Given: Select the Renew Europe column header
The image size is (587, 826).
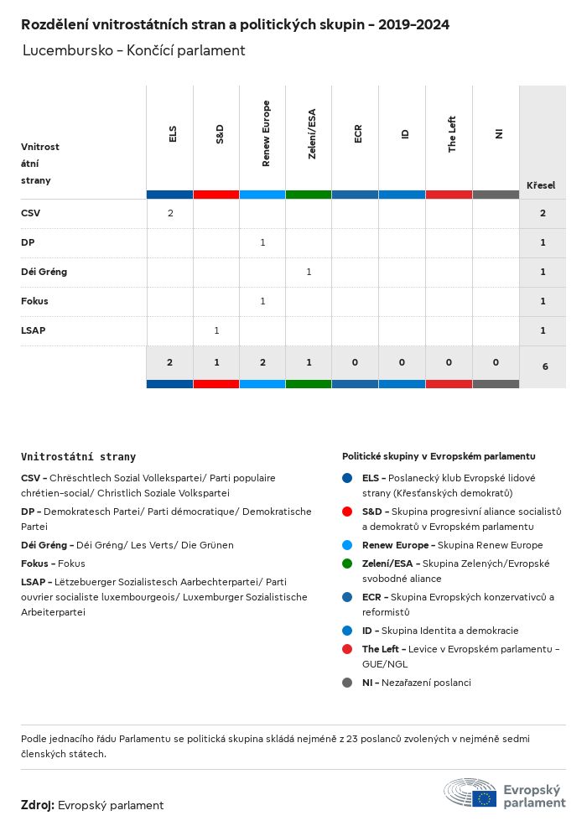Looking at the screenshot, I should [266, 134].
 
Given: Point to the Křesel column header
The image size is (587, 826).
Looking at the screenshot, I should [541, 185].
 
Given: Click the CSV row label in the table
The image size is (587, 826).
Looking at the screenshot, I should [31, 213].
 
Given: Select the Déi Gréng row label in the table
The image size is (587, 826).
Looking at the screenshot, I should [44, 272].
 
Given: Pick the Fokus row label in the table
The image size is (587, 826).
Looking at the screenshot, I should [34, 301].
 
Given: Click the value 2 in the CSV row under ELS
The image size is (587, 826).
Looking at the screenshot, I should [170, 213].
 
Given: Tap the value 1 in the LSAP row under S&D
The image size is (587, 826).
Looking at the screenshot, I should [216, 330].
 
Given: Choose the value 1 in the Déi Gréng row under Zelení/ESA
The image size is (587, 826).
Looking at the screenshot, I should [309, 272].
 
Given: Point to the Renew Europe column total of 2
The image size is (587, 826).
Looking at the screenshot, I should [262, 362].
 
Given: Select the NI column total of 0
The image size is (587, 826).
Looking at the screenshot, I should [496, 362].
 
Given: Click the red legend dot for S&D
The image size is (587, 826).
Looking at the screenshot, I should [347, 512].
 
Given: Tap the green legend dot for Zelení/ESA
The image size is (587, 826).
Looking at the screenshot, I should [347, 564].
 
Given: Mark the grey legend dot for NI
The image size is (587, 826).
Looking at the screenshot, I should [347, 683].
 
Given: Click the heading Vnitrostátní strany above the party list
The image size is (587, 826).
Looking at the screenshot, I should [78, 457].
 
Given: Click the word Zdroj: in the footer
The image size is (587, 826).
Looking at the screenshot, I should [38, 805].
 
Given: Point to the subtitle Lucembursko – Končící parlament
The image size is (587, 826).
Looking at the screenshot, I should [134, 50].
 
